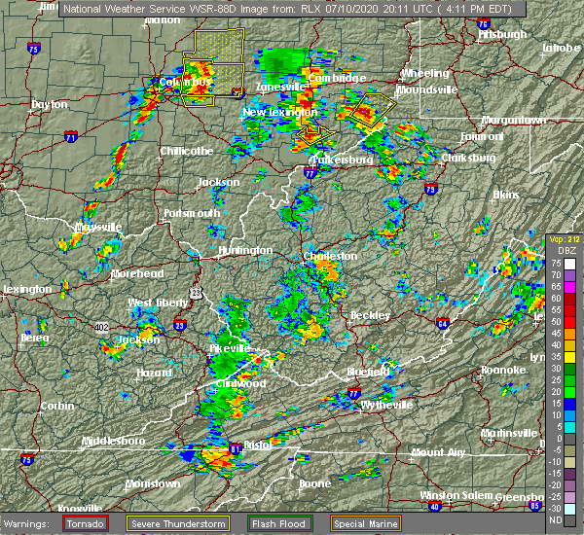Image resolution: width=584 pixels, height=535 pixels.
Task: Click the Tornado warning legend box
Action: coord(86,522)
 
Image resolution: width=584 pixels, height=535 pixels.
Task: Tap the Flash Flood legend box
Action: coord(279,522)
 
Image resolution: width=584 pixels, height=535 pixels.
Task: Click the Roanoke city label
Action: coord(504,370)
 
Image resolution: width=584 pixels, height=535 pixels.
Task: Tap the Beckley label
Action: coord(370,315)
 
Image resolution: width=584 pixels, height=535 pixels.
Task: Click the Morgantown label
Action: coord(528,120)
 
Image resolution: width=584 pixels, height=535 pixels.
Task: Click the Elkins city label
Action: coord(505,195)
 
